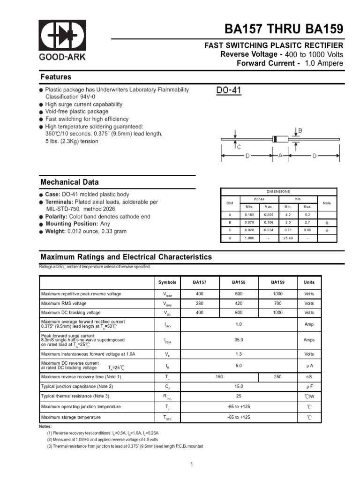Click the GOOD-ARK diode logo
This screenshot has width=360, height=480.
pos(62,36)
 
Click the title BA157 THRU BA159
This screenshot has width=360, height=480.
pos(284,29)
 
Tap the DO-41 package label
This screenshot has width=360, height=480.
pos(229,90)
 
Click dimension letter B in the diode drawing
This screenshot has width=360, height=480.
pos(300,130)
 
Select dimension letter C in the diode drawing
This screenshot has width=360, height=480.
pos(239,147)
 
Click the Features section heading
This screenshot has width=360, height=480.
pos(56,77)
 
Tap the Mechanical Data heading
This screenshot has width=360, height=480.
pos(69,182)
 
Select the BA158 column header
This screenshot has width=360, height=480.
pos(239,282)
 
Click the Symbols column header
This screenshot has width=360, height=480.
pos(167,282)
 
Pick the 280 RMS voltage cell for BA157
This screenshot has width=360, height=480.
pos(200,303)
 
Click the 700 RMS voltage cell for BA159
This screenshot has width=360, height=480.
pos(277,303)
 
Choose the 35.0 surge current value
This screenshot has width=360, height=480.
pos(239,340)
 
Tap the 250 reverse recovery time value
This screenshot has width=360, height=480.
pos(277,376)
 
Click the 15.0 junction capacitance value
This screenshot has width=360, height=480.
pos(239,386)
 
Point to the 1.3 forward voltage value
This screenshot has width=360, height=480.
pos(239,354)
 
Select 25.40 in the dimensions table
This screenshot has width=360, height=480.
pos(288,238)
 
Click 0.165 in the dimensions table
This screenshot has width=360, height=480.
pos(249,214)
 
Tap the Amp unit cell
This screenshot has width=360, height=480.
pos(309,324)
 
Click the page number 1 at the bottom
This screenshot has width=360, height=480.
pos(192,465)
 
